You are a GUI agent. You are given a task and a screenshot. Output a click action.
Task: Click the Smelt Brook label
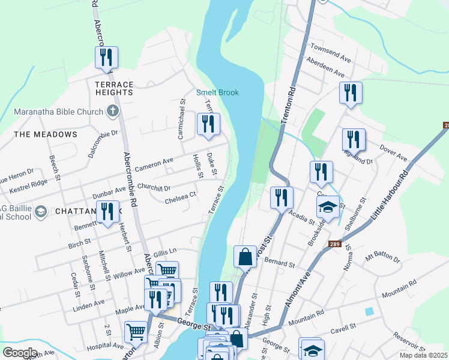point(217,92)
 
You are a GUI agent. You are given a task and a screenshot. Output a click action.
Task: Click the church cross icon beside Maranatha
point(112,110)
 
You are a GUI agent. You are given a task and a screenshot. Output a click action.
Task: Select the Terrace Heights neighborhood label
point(113,89)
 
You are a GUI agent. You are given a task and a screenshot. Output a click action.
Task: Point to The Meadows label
point(46,134)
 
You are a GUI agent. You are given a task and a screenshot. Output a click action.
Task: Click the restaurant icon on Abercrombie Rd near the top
point(106,58)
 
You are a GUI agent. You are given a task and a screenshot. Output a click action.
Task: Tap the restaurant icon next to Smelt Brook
point(208,124)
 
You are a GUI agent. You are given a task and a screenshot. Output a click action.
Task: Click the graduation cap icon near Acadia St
point(328,207)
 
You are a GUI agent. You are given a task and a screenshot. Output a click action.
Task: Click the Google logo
point(19,352)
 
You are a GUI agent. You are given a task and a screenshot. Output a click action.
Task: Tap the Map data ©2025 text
point(423,355)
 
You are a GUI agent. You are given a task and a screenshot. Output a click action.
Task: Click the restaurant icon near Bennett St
point(107,212)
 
